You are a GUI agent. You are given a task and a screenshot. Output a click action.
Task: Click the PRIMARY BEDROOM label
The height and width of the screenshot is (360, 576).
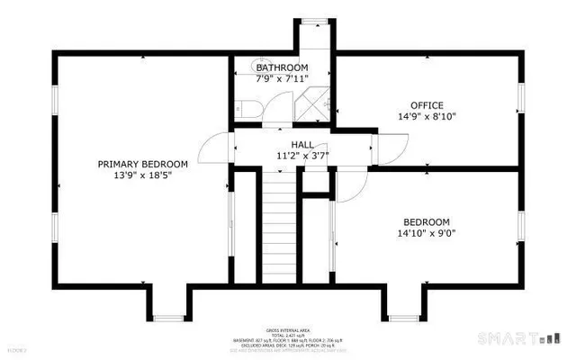143,164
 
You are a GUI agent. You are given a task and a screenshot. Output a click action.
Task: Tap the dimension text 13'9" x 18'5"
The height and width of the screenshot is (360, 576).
143,175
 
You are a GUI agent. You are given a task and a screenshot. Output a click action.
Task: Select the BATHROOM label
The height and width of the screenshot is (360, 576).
282,67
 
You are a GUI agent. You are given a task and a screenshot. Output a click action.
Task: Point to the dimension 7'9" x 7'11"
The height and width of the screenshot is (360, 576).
282,79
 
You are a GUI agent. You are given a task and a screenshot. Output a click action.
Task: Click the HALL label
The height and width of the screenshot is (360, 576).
301,143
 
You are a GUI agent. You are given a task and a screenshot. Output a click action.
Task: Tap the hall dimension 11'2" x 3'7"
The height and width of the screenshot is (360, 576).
301,155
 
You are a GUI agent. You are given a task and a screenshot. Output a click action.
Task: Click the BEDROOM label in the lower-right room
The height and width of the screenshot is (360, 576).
427,221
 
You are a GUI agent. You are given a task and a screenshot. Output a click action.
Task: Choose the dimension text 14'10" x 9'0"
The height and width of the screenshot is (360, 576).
427,233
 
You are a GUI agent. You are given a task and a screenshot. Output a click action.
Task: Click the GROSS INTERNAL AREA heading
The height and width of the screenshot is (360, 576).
288,330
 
